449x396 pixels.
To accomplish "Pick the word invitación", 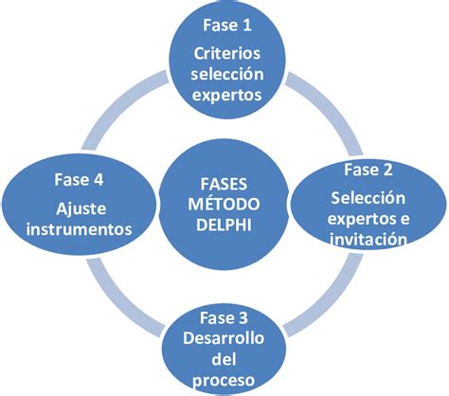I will pyautogui.click(x=370, y=240).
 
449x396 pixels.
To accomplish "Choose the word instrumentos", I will pyautogui.click(x=77, y=228).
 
